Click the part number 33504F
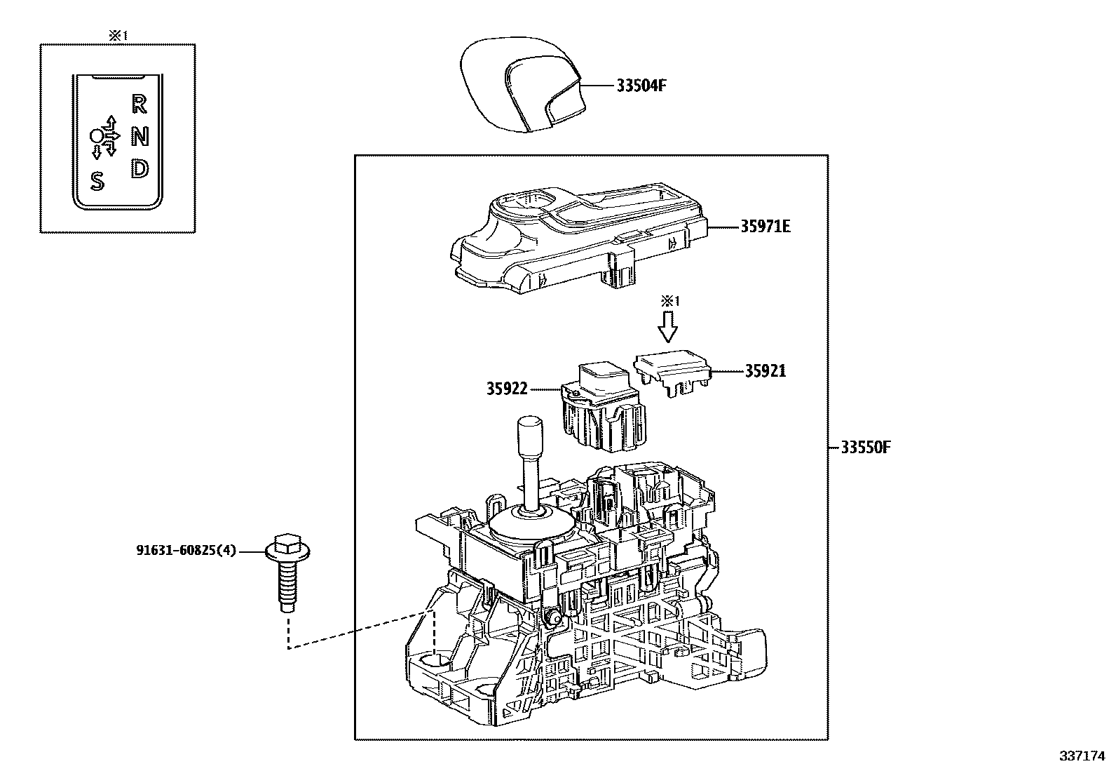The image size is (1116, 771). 641,86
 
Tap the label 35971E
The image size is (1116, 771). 765,227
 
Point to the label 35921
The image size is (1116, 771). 765,371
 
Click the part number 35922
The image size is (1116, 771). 506,388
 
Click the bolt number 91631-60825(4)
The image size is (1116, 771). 186,551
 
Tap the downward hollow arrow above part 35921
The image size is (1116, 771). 669,325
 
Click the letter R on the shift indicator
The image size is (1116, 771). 139,105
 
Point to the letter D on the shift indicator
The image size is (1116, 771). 140,168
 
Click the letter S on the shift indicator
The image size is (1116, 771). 97,182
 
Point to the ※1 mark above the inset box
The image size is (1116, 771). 117,35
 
